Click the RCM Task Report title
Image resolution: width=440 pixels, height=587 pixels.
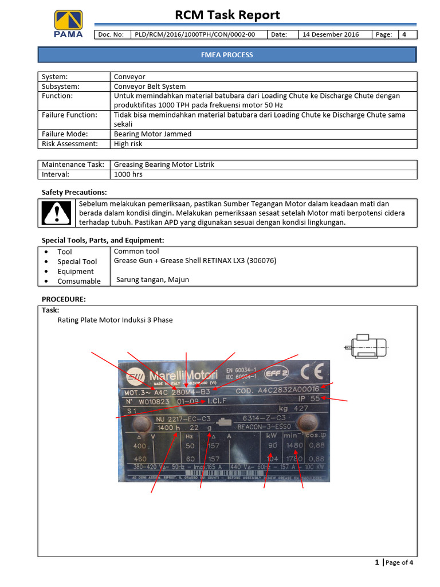227,15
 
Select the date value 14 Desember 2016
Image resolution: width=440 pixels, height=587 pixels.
331,34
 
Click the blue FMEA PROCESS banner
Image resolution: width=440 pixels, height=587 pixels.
227,55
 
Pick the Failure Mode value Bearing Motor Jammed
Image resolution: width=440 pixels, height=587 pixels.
152,134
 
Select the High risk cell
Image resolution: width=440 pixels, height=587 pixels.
128,144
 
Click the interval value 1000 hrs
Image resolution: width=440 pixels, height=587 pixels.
128,174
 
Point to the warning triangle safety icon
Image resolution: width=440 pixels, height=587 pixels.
56,213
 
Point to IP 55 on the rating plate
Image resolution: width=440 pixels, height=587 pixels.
308,398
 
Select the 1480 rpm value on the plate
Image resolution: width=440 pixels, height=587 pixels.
294,445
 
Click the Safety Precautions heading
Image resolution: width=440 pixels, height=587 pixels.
74,192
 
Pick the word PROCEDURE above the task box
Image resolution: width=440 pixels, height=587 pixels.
64,299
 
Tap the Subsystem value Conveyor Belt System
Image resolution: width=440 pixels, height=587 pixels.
150,87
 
